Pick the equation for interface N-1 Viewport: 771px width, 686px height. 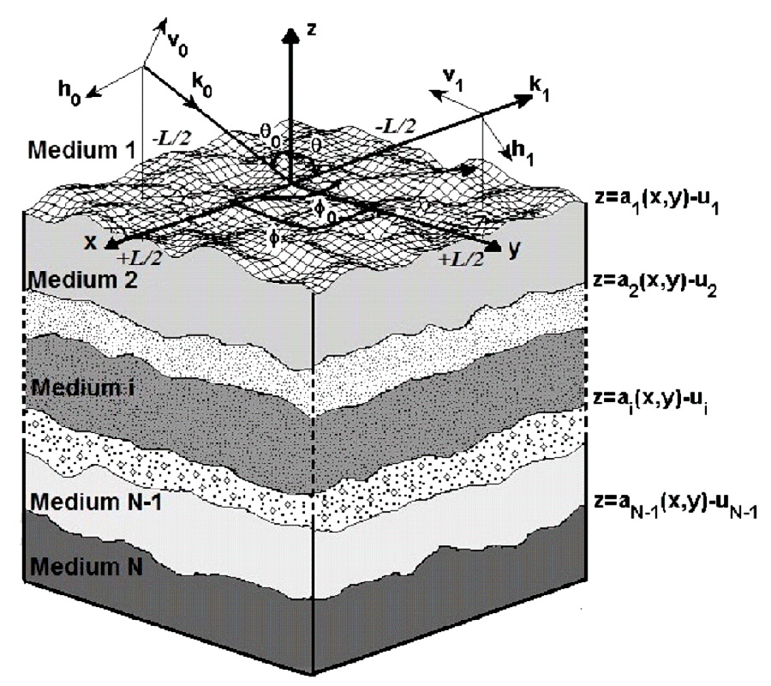pyautogui.click(x=676, y=507)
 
